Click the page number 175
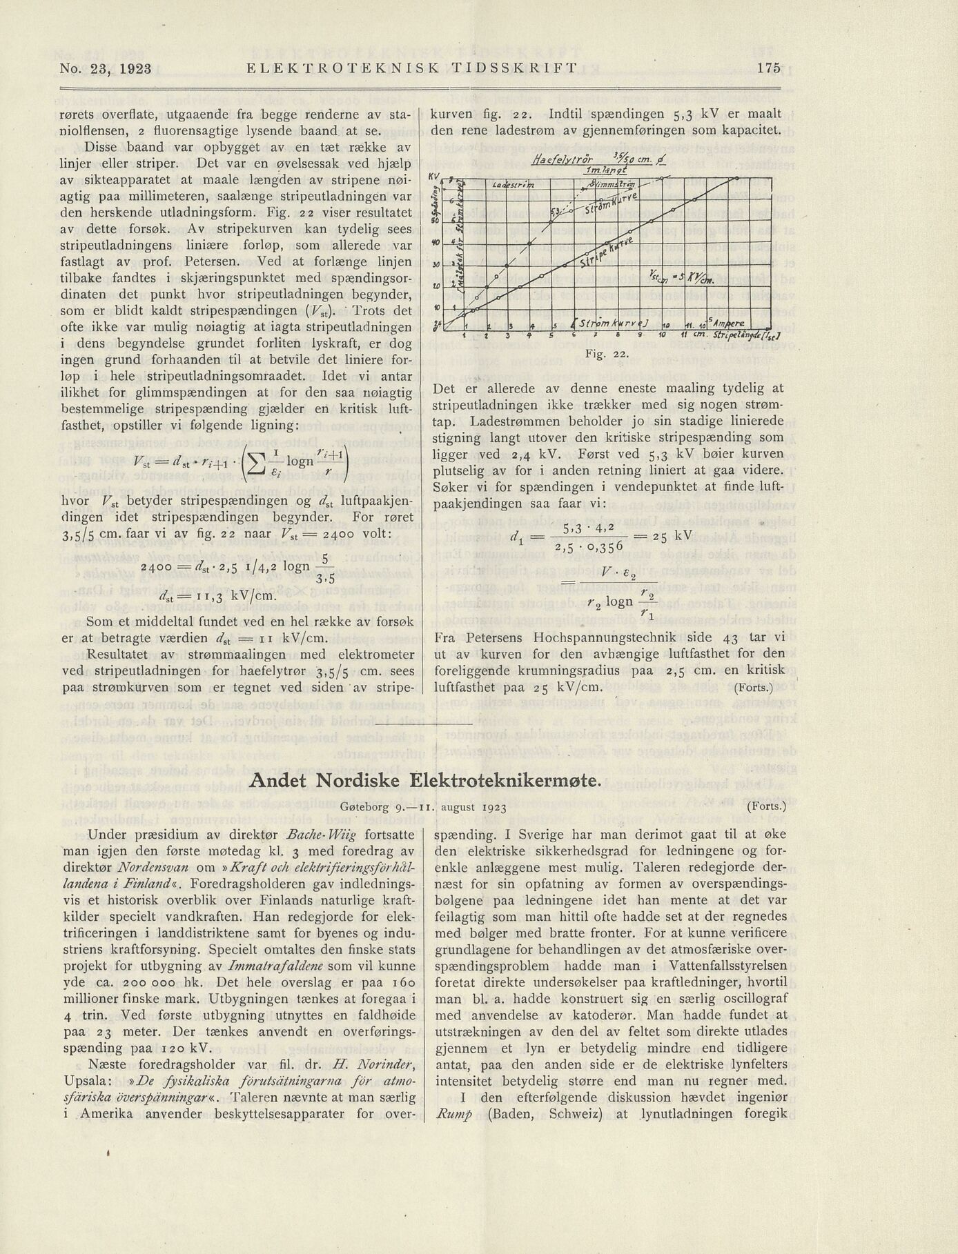pos(768,68)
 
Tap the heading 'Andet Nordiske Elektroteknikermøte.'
pos(425,780)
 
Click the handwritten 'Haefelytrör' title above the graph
pos(563,159)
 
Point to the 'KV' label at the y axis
pos(434,177)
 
